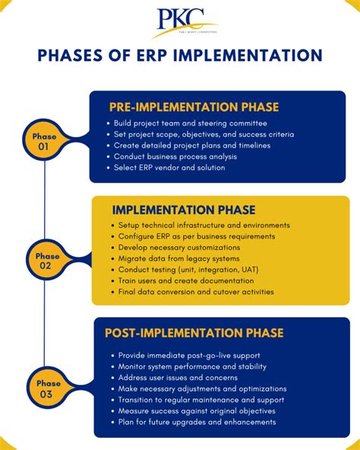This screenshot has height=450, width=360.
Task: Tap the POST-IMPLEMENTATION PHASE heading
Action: click(194, 333)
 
